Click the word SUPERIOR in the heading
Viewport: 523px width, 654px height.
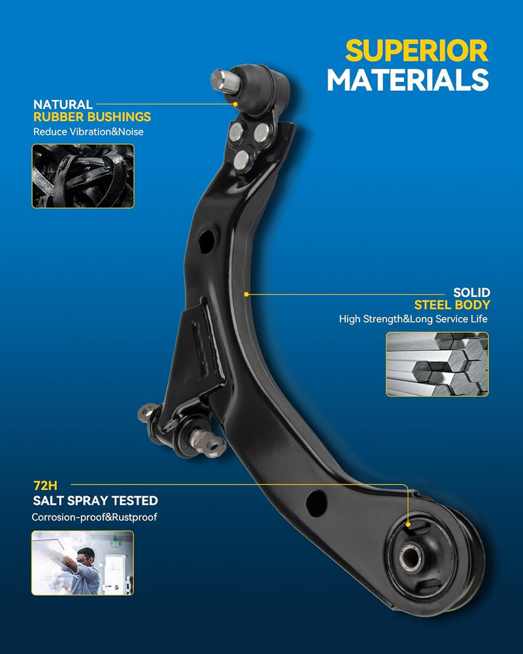tap(416, 51)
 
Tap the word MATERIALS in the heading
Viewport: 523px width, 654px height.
tap(408, 80)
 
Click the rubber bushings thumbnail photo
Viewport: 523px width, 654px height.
tap(83, 176)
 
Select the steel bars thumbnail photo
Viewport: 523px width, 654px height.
tap(437, 364)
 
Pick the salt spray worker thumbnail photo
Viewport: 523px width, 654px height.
tap(82, 562)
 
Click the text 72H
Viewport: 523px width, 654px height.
tap(46, 485)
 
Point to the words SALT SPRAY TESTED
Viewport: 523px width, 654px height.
tap(95, 500)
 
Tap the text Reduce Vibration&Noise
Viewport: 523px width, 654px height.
tap(88, 132)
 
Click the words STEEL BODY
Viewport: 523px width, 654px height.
tap(452, 305)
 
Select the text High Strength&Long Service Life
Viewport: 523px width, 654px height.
tap(413, 319)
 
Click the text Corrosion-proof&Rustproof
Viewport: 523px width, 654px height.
tap(95, 517)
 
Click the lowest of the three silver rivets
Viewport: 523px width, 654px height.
tap(243, 160)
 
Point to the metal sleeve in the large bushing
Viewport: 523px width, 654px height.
tap(411, 557)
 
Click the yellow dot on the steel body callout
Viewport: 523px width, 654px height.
tap(246, 294)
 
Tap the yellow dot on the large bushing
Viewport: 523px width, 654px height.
tap(409, 525)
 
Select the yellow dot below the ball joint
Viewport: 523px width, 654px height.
tap(235, 104)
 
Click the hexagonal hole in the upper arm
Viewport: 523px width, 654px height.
tap(207, 241)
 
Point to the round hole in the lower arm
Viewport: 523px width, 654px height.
tap(316, 503)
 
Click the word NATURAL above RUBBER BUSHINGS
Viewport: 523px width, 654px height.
tap(63, 104)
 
